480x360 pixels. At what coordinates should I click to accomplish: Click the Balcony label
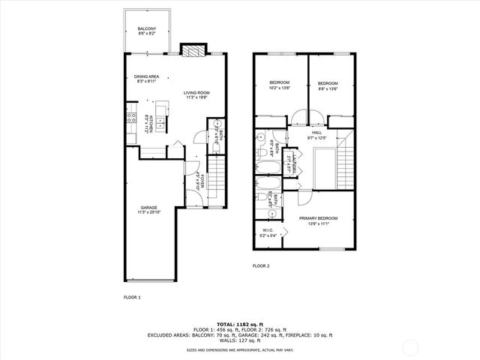click(x=146, y=31)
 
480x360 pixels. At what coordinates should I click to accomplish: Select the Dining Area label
click(x=146, y=78)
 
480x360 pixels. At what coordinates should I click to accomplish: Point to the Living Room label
click(x=196, y=94)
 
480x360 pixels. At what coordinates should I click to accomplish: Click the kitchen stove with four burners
click(x=130, y=117)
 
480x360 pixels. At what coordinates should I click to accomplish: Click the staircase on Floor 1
click(x=215, y=177)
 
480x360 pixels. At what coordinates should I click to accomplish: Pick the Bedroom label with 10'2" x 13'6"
click(x=280, y=85)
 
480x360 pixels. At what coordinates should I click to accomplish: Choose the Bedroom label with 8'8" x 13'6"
click(x=328, y=85)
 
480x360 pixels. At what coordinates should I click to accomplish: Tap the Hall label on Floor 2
click(x=317, y=135)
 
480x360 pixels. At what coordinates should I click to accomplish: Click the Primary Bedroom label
click(x=319, y=220)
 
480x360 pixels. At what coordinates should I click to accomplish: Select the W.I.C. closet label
click(x=268, y=232)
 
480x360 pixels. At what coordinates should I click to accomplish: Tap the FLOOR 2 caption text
click(x=260, y=265)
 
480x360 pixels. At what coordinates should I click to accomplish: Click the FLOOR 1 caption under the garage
click(x=132, y=297)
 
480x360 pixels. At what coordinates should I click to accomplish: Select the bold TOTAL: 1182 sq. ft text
click(x=239, y=324)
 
